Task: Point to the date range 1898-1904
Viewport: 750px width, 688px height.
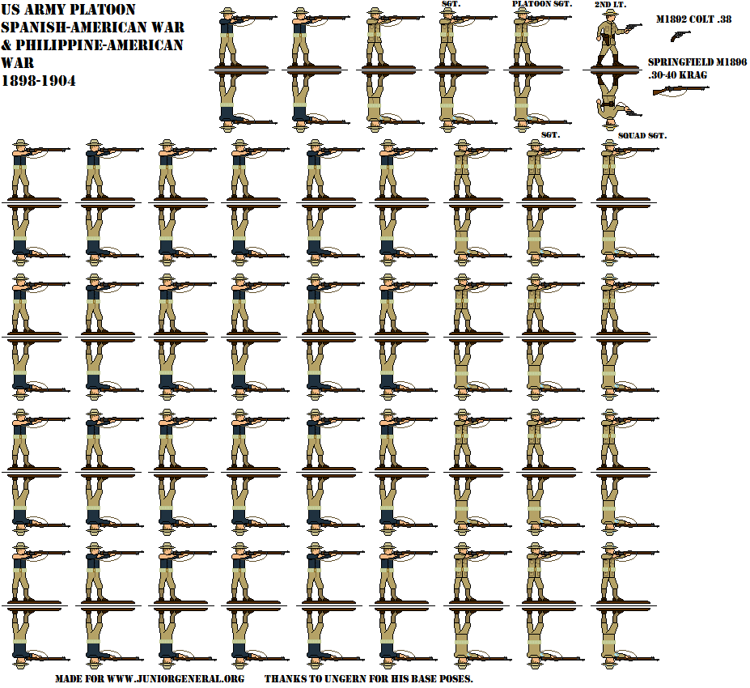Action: click(x=40, y=80)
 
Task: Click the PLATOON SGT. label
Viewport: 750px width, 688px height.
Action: click(x=542, y=4)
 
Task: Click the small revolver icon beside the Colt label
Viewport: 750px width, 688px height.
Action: click(x=680, y=35)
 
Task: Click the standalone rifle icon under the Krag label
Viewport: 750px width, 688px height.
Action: click(x=680, y=90)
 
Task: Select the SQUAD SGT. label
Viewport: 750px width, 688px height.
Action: click(x=642, y=135)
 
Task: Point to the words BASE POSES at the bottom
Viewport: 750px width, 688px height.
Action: click(x=441, y=678)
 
